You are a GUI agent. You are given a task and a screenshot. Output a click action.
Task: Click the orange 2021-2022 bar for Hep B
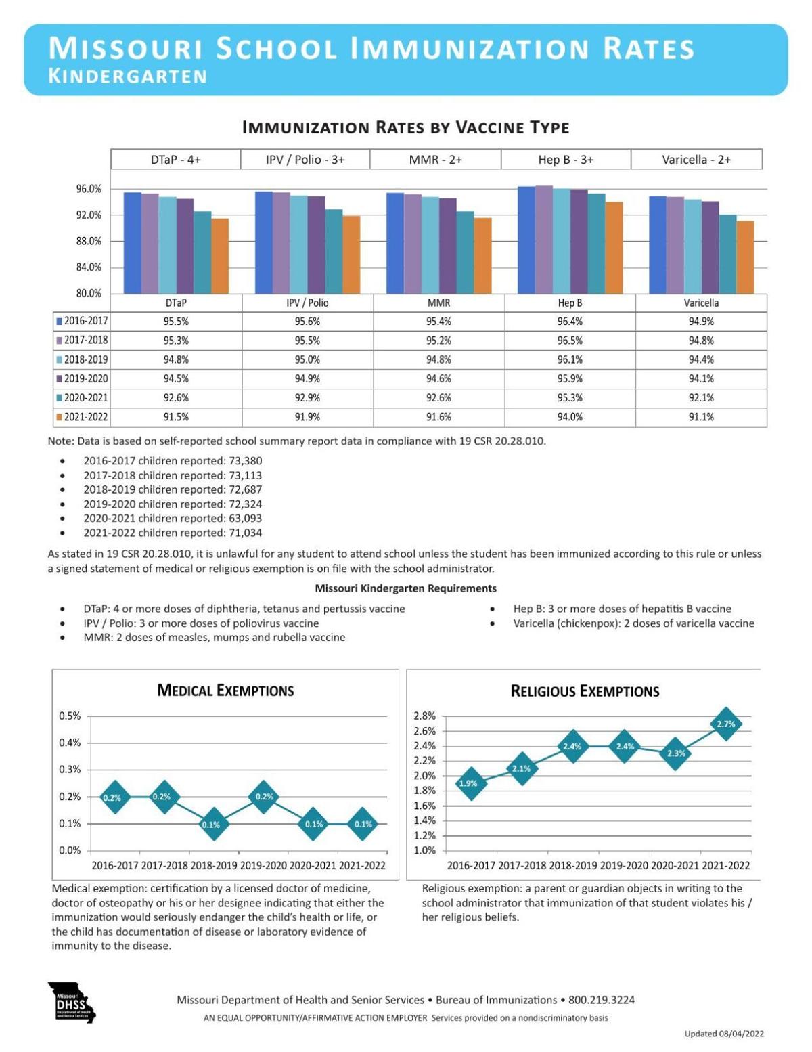coord(614,248)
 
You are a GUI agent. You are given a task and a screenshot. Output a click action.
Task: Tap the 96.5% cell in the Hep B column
coord(570,341)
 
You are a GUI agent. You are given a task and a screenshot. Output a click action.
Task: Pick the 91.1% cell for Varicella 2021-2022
coord(701,417)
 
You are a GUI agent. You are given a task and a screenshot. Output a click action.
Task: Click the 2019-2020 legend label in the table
coord(85,378)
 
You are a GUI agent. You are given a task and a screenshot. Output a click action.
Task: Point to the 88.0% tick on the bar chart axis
coord(88,241)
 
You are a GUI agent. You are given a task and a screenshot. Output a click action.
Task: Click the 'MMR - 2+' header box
coord(435,160)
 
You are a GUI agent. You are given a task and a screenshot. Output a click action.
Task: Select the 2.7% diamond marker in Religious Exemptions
coord(725,724)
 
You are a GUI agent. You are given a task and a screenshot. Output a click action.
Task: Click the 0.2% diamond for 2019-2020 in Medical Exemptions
coord(265,797)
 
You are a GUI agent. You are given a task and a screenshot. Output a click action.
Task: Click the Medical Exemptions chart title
coord(225,691)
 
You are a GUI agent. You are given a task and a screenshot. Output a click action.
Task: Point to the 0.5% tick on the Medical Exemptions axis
coord(70,716)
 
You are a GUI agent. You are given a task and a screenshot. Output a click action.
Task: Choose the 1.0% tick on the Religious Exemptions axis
coord(424,850)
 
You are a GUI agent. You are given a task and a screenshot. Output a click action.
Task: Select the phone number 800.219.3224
coord(602,1000)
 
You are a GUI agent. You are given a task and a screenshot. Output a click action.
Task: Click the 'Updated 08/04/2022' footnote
coord(723,1034)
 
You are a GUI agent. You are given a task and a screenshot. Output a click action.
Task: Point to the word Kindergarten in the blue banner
coord(128,76)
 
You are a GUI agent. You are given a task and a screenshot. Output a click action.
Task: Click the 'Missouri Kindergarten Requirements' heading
coord(405,588)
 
